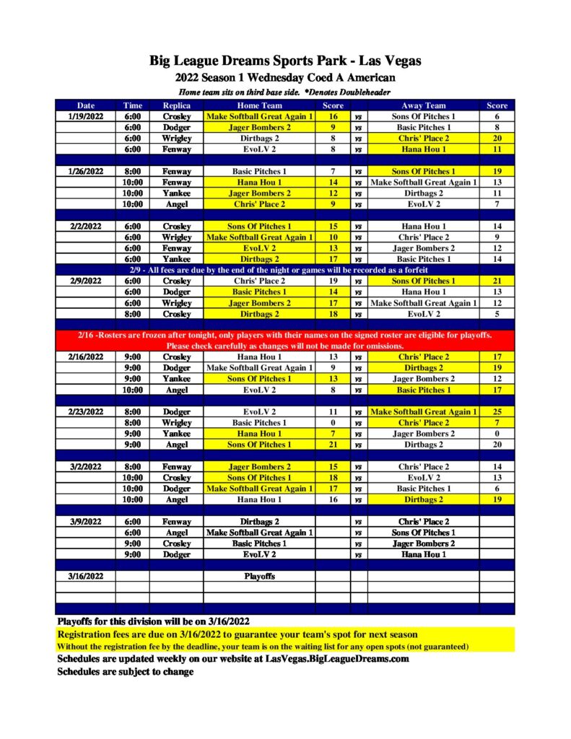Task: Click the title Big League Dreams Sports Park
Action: click(285, 61)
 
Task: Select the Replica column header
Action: click(176, 105)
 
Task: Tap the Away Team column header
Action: click(423, 105)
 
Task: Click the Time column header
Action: click(132, 105)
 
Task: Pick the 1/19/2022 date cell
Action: click(86, 116)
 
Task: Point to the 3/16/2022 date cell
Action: click(86, 577)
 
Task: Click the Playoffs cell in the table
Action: click(259, 577)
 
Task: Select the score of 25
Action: click(497, 412)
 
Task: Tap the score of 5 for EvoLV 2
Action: click(497, 314)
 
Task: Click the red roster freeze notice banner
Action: click(285, 340)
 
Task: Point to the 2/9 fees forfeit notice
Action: click(285, 270)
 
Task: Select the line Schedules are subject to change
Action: click(126, 671)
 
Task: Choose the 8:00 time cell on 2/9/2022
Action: click(132, 314)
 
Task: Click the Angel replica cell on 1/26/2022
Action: click(176, 204)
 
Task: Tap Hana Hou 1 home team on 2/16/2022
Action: click(259, 357)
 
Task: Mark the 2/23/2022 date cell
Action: click(86, 412)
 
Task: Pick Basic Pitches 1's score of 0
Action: click(333, 423)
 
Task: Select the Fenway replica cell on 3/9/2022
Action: click(176, 522)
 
